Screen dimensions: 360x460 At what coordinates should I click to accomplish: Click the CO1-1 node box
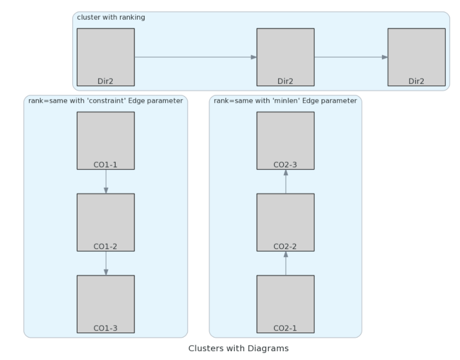click(x=105, y=140)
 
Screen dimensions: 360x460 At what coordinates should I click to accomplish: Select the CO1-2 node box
click(x=105, y=222)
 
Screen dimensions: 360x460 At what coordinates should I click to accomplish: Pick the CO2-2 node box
click(x=285, y=222)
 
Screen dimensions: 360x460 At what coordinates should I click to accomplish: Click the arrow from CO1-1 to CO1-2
click(x=105, y=182)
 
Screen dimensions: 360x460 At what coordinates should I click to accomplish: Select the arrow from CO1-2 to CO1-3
click(x=105, y=263)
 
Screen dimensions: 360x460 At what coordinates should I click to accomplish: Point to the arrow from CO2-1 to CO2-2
click(x=285, y=263)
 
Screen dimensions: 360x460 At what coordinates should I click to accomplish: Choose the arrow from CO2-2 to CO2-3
click(x=285, y=182)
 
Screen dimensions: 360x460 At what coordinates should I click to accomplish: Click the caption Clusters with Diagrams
click(x=238, y=348)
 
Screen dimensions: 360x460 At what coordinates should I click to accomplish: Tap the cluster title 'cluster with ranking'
click(x=111, y=18)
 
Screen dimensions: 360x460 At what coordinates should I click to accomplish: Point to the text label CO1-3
click(x=105, y=328)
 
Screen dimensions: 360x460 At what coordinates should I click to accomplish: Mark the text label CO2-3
click(x=285, y=165)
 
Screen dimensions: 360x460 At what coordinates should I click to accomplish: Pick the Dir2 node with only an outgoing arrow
click(x=105, y=57)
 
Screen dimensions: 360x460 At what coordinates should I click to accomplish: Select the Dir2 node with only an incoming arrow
click(x=416, y=57)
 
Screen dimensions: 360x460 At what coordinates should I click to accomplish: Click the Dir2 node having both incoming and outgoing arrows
click(x=285, y=57)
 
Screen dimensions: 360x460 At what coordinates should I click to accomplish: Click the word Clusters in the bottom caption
click(x=205, y=348)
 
